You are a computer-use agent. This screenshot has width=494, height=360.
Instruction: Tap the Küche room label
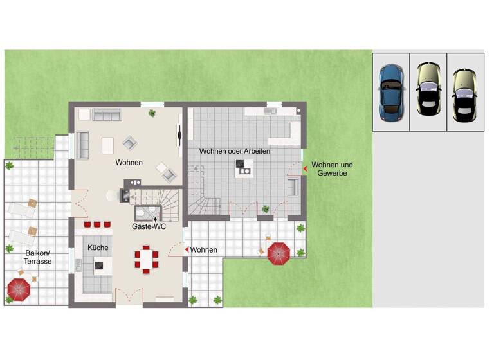tap(98, 248)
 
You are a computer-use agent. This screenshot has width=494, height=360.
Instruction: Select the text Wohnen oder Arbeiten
tap(234, 151)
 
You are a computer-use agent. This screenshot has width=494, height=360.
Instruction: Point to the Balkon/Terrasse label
tap(28, 257)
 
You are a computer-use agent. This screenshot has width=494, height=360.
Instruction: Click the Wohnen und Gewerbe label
tap(331, 169)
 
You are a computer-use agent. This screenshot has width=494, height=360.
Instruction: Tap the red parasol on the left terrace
tap(18, 290)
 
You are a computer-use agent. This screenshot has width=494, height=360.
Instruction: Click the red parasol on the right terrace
tap(279, 253)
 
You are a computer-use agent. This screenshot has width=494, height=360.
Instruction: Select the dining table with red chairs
tap(146, 259)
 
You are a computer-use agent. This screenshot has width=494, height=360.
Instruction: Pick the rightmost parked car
tap(464, 94)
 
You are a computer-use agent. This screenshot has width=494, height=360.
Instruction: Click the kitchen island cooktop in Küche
tap(100, 264)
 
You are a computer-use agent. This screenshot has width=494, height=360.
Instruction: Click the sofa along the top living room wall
tap(107, 114)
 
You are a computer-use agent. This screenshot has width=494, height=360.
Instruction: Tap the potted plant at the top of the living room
tap(152, 113)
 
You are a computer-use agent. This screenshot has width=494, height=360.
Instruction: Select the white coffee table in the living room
tap(107, 146)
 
